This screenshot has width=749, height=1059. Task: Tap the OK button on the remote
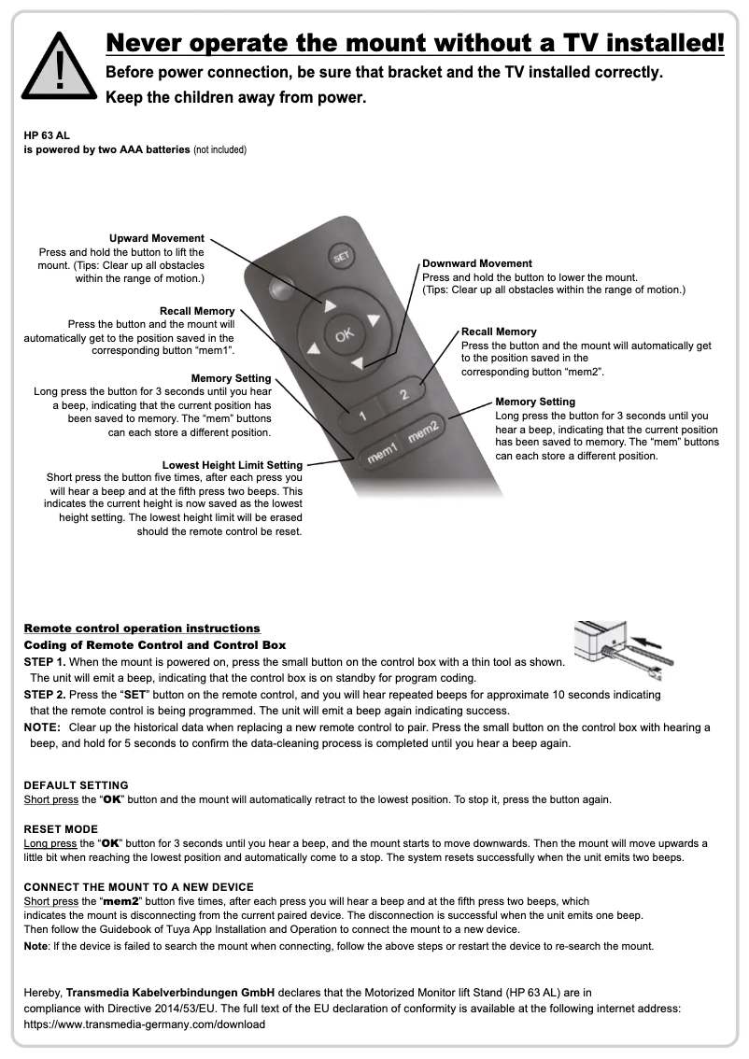[345, 336]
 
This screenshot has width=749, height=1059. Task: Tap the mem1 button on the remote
[383, 454]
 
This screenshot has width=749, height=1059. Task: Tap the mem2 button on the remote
[423, 431]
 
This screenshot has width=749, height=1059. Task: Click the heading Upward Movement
[157, 239]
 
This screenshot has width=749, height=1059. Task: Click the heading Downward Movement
[477, 263]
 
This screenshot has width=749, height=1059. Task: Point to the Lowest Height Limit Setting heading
[233, 464]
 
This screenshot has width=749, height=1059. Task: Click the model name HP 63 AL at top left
[47, 135]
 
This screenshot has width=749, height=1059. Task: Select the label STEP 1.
[44, 661]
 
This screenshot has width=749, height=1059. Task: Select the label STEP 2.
[44, 695]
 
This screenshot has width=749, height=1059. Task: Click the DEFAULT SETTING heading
[76, 785]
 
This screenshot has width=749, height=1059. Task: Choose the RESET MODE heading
[61, 828]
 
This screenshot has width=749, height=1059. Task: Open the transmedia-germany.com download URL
[144, 1024]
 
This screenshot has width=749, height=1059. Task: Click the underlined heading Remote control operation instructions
[142, 628]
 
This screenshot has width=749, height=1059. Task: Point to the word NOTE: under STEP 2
[42, 727]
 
